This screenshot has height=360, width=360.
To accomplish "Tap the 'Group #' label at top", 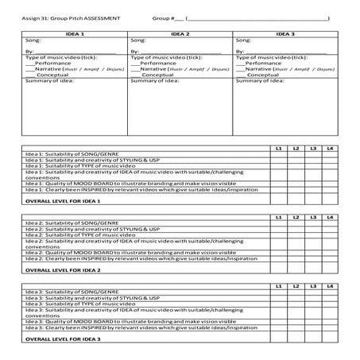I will click(x=163, y=17).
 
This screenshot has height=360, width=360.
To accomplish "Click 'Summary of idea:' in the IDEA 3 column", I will click(x=260, y=80).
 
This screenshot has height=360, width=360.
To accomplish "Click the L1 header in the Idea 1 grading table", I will click(x=278, y=149).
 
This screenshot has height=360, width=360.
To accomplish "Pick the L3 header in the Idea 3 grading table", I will click(x=312, y=284).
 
